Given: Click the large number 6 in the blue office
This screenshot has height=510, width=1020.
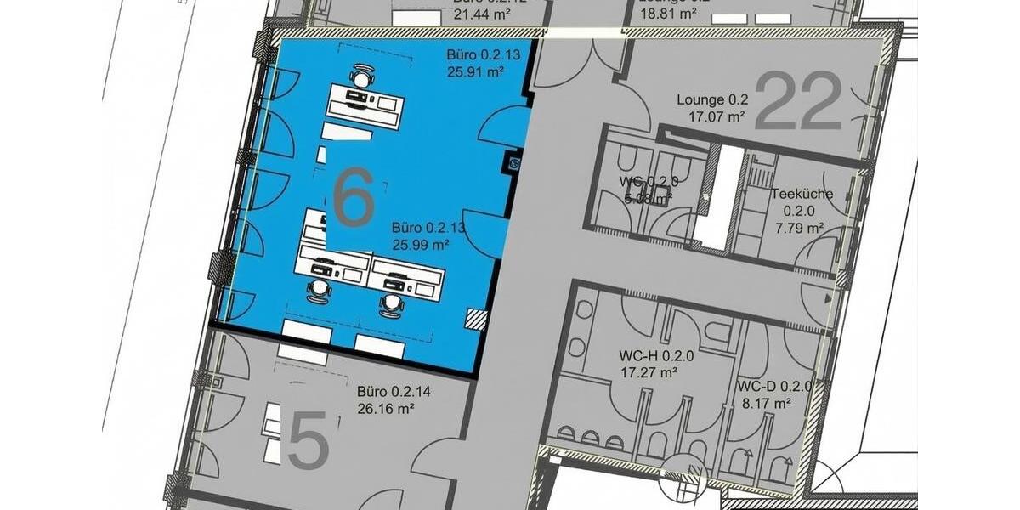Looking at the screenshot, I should [354, 196].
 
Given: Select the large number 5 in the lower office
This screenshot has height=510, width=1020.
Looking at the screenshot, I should [308, 439].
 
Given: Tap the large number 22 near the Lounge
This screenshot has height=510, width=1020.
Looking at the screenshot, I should [797, 101].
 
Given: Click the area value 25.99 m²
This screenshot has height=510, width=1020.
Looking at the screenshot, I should [420, 245].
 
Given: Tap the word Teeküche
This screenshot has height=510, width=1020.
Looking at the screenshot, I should [802, 194].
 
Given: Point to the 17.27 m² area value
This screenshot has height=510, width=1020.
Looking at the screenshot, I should [648, 372].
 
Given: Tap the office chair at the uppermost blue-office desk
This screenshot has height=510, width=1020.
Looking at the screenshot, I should [363, 77].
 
